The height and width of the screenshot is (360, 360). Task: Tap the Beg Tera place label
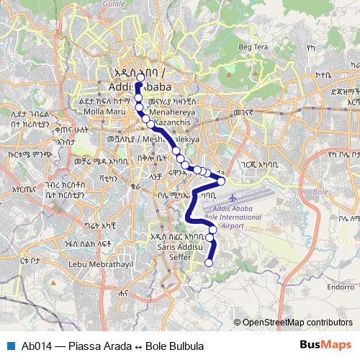pos(253,48)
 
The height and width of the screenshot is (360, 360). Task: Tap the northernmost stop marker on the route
pos(140,78)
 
